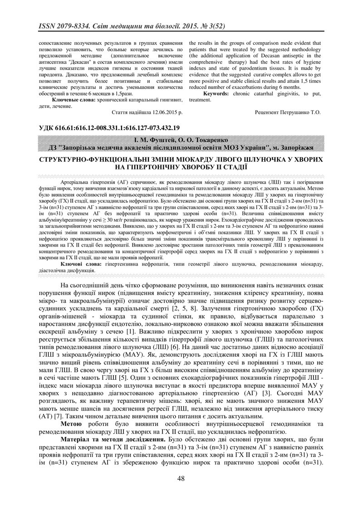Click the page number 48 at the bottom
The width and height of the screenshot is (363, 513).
click(181, 478)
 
